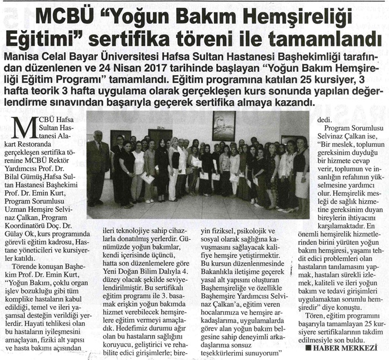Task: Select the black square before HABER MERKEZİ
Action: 308,348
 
